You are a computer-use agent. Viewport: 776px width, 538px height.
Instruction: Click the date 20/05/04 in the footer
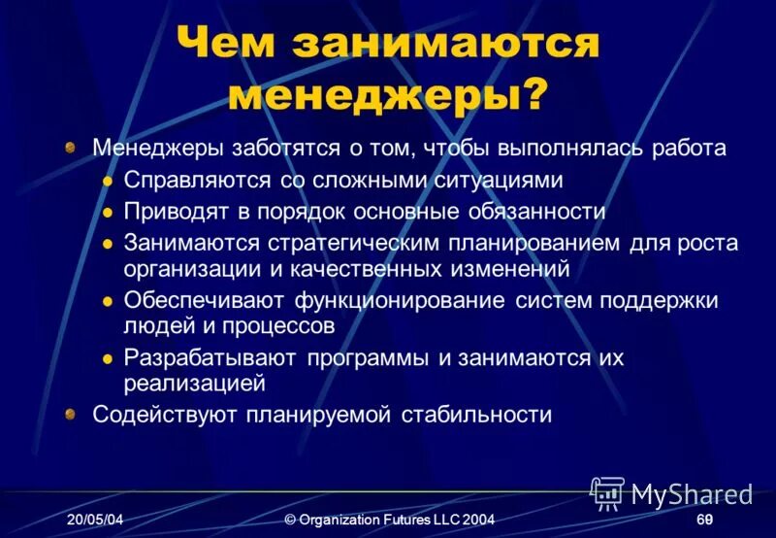95,521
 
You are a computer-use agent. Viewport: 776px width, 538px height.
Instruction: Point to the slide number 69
705,521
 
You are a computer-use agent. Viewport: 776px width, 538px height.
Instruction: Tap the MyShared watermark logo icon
607,493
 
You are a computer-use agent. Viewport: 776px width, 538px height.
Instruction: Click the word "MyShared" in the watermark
692,495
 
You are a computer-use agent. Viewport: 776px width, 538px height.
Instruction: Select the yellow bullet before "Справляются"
109,182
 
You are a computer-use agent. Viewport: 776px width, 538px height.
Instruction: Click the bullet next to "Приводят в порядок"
109,212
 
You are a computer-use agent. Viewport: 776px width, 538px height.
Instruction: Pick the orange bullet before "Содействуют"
71,415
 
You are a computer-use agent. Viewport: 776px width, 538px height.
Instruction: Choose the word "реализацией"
194,384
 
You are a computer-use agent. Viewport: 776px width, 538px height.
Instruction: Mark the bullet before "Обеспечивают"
109,302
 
